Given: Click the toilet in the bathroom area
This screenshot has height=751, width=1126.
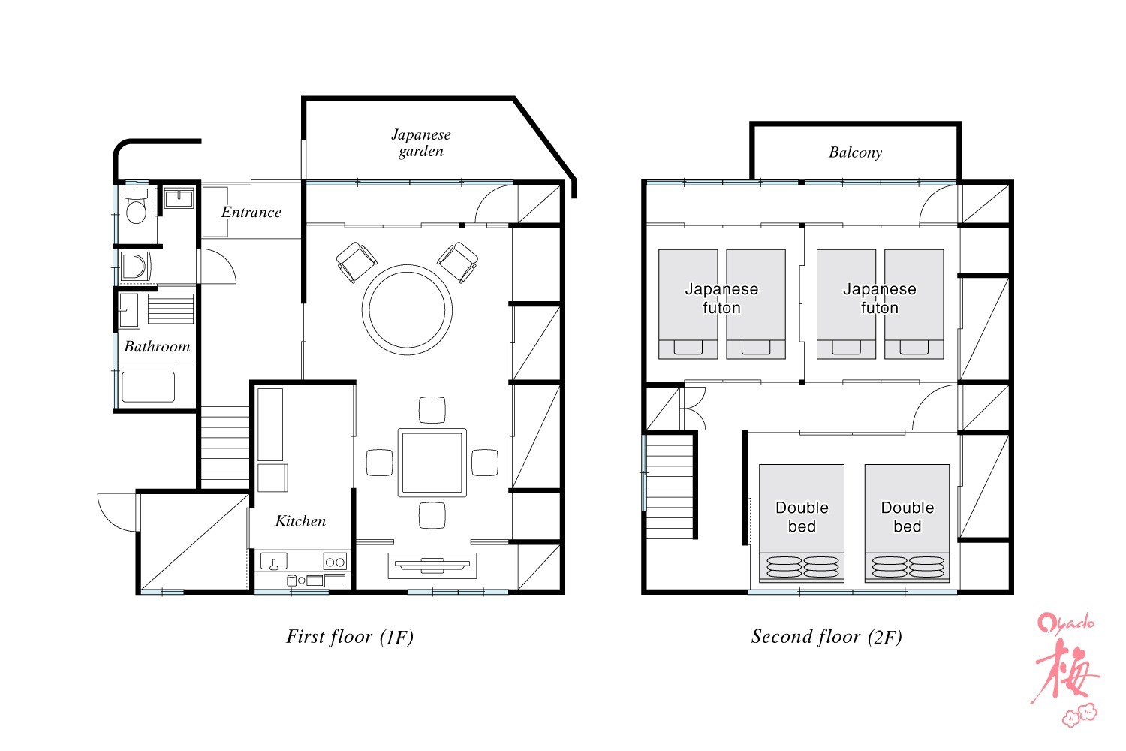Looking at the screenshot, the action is click(136, 207).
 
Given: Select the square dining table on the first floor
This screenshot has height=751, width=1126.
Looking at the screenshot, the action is click(432, 463).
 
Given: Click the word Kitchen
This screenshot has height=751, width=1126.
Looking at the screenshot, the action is click(300, 520).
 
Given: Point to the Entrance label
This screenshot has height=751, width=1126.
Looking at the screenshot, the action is click(251, 212).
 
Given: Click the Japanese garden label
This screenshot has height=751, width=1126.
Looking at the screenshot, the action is click(421, 143).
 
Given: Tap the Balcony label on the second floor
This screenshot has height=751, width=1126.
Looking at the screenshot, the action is click(855, 152).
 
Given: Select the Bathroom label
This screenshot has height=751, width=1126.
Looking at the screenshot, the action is click(157, 346).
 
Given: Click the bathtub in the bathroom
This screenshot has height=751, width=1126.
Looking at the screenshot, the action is click(149, 387).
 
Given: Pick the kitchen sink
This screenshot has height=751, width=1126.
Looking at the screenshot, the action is click(274, 561).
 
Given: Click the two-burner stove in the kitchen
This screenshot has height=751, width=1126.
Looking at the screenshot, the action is click(335, 561).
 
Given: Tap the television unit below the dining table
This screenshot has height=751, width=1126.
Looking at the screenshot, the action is click(432, 566).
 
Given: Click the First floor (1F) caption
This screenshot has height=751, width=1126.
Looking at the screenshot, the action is click(350, 636).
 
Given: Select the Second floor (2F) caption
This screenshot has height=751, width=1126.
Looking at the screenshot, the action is click(826, 636).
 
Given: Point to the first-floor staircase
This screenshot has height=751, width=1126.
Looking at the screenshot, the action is click(224, 447).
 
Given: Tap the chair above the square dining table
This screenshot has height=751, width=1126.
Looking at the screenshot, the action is click(432, 409).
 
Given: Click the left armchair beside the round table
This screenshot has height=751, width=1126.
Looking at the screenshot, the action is click(357, 262).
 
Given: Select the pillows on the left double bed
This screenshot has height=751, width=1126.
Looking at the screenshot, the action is click(802, 567).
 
